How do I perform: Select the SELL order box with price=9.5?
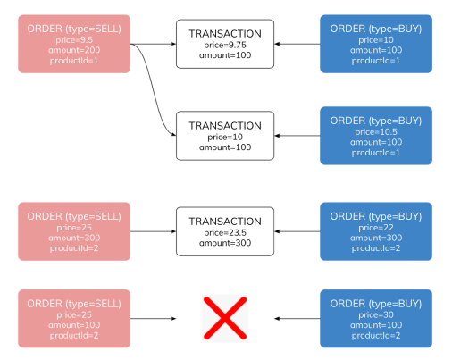74,43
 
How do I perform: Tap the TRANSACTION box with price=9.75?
225,43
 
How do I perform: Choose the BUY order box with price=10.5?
376,136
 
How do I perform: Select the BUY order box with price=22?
376,230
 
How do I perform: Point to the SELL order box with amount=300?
74,230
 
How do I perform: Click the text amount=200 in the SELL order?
74,50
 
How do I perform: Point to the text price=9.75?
225,45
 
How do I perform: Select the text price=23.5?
225,232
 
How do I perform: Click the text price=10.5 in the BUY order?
376,130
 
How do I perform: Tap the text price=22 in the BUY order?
376,226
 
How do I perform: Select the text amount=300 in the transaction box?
225,243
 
